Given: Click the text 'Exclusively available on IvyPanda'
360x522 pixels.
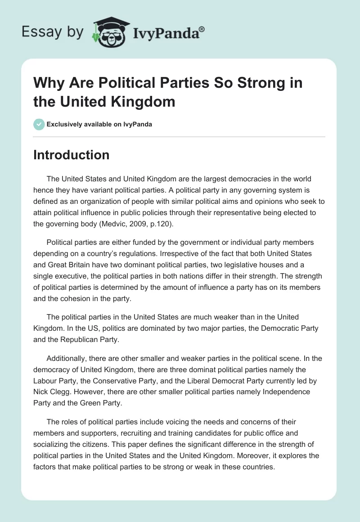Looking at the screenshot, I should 99,124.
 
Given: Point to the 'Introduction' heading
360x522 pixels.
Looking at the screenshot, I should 72,155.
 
